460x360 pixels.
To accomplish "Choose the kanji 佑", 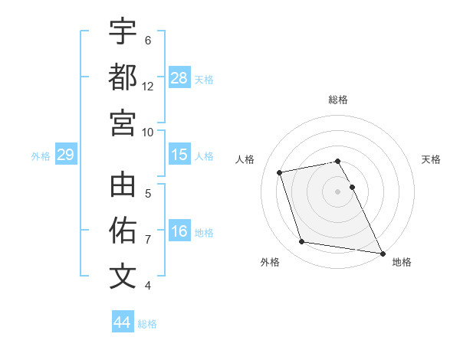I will coord(123,231).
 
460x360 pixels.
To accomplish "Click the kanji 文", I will coord(123,276).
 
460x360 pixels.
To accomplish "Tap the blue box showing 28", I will coord(179,77).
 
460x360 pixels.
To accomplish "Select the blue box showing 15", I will coord(179,155).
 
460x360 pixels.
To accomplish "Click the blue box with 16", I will coord(179,232).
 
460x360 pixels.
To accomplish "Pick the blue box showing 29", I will coord(65,155).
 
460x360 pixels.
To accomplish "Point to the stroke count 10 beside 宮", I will coord(148,131).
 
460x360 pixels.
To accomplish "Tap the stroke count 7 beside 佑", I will coord(148,240).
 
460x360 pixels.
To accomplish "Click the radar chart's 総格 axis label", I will coord(338,100).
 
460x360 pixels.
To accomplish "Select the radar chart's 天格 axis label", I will coord(431,159).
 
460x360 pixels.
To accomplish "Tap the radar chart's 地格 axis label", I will coord(402,262).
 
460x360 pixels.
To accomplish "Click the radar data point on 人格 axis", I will coord(280,172).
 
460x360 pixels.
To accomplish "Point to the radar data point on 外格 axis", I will coord(302,242).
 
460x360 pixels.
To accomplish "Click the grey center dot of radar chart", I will coord(338,191).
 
